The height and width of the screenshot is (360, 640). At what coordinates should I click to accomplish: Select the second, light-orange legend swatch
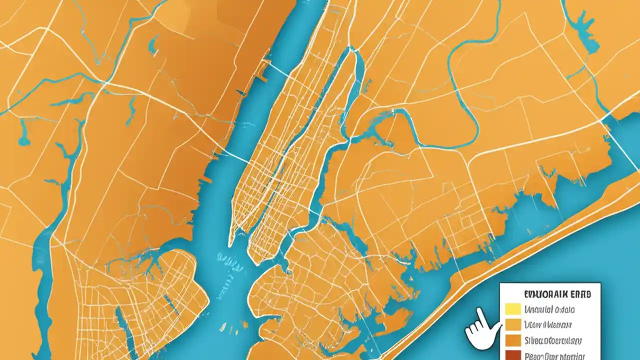click(513, 325)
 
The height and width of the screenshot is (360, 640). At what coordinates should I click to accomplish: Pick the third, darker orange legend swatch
click(513, 341)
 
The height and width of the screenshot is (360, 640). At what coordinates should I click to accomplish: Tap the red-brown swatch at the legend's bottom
click(513, 355)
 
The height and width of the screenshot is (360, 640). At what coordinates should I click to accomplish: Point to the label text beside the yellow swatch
click(549, 310)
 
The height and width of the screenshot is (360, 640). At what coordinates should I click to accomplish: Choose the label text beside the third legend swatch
click(552, 341)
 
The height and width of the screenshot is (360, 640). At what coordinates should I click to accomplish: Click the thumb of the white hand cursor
click(470, 330)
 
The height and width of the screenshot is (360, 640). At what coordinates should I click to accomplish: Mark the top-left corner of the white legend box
click(500, 282)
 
